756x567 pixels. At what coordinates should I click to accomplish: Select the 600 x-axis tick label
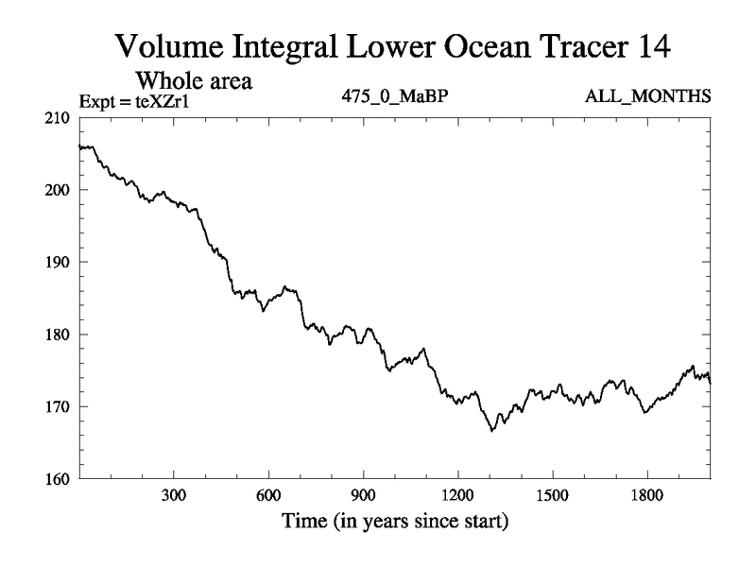pos(268,496)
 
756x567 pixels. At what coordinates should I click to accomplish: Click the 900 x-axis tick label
pos(363,496)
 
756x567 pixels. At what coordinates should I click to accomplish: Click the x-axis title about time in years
pos(394,521)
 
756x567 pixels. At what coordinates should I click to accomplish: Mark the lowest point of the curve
pos(491,431)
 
